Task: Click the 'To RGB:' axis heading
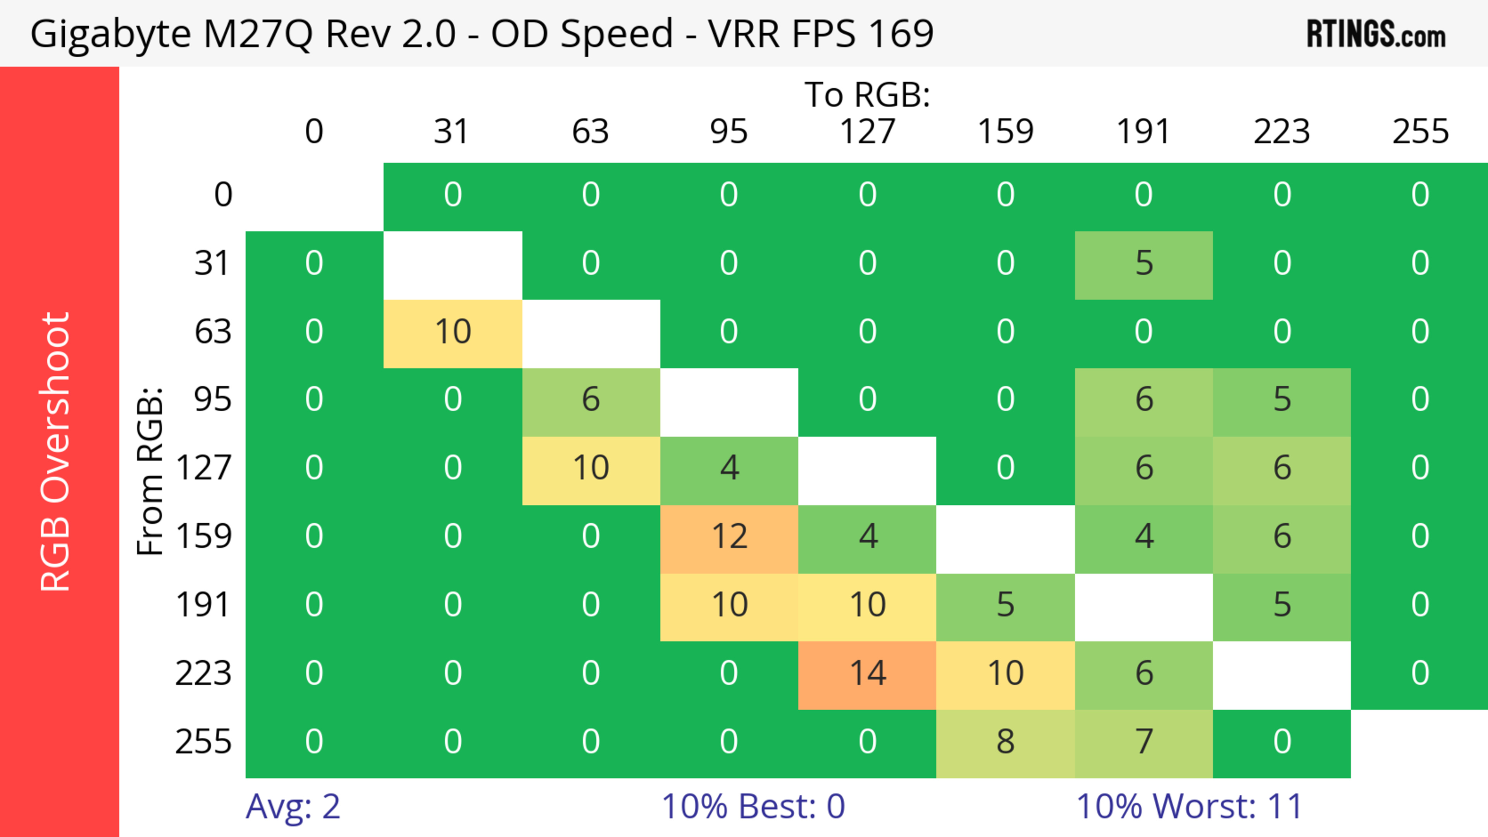coord(867,95)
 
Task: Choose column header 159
coord(1005,132)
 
